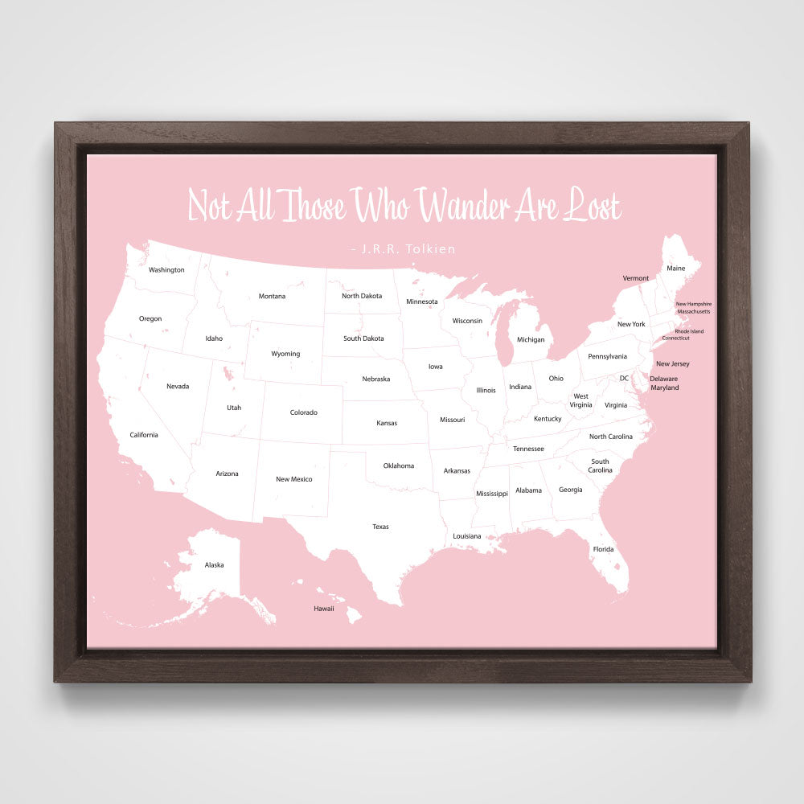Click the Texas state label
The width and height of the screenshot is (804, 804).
point(380,527)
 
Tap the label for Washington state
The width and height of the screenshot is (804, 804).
point(166,270)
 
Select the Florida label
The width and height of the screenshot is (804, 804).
point(603,549)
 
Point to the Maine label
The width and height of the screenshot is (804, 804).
point(676,268)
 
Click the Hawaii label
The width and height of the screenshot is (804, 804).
point(324,609)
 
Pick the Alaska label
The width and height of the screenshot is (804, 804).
point(214,565)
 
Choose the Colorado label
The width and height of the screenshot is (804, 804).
point(304,412)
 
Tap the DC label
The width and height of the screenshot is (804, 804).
point(624,378)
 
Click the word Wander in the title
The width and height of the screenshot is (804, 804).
point(464,207)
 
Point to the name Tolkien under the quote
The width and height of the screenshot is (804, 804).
point(429,249)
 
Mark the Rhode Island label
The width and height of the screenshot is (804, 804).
point(689,331)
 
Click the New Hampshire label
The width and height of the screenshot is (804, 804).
point(693,304)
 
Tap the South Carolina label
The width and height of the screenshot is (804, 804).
point(600,466)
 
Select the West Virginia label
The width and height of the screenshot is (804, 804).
point(580,400)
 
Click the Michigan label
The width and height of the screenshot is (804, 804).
point(531,339)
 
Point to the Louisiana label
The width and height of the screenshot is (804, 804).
point(466,536)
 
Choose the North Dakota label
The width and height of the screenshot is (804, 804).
point(362,296)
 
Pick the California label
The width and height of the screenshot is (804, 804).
point(144,435)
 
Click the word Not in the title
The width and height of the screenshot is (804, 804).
point(208,207)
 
